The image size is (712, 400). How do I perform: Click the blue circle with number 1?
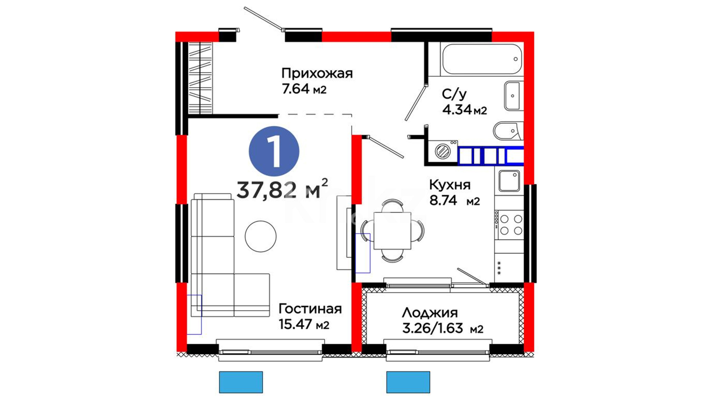[274, 151]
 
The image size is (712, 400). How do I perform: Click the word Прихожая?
[317, 73]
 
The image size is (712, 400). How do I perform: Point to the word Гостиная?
[310, 309]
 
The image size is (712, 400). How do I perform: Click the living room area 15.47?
[295, 324]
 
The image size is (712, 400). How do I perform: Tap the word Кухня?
[450, 184]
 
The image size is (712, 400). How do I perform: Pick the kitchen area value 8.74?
[443, 200]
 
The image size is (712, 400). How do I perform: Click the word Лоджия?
[430, 313]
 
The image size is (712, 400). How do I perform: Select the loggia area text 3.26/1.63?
[432, 328]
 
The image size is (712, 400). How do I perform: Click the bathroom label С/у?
[454, 94]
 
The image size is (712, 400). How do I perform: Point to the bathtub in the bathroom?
[482, 59]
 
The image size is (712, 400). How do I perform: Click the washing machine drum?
[442, 151]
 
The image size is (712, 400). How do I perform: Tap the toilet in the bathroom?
[508, 131]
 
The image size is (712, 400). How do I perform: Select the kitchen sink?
[509, 181]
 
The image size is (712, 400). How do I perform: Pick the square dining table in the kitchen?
[392, 231]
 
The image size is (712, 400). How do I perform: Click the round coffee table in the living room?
[261, 236]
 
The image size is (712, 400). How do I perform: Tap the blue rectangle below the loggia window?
[408, 382]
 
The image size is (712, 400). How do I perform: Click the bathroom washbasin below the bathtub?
[513, 96]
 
